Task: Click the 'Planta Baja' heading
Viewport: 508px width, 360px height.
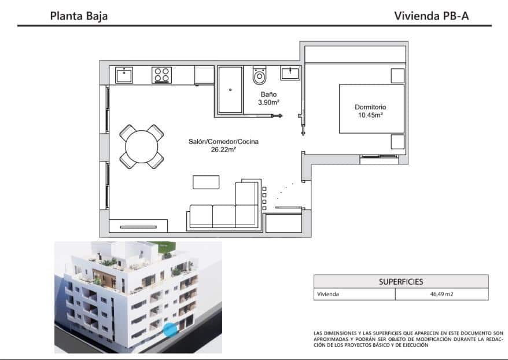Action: pos(79,16)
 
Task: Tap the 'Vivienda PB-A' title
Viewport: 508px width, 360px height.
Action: pos(431,16)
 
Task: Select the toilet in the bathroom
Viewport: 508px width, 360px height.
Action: pos(260,76)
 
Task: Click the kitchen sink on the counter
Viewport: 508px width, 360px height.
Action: pos(124,75)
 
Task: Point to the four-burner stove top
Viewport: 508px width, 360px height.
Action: pos(161,75)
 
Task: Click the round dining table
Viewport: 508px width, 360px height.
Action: pos(141,147)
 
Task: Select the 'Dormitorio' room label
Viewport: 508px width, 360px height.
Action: pos(370,107)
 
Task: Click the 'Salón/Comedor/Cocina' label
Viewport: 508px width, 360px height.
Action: pos(223,142)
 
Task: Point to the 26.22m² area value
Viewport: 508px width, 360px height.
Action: pos(223,150)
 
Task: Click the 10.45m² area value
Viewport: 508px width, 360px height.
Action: pos(370,115)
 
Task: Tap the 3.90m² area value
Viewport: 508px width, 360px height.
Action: pos(268,102)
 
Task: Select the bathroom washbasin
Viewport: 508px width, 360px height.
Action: pos(290,73)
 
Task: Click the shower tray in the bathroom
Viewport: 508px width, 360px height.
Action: pos(230,89)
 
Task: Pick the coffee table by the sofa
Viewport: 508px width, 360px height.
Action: pos(206,182)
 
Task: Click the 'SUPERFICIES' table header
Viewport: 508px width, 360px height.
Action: pos(400,282)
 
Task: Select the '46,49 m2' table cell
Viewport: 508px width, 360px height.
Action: pos(441,294)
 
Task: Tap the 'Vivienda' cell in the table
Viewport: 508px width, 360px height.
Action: pos(327,294)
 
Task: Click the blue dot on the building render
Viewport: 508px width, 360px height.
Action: pos(170,330)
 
